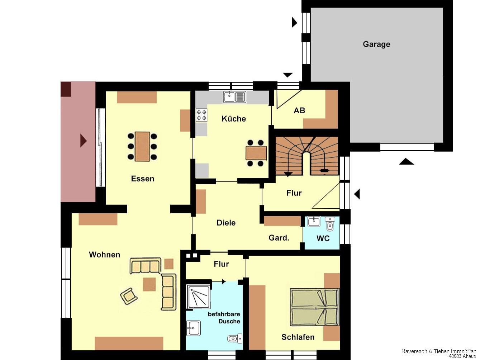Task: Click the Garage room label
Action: click(x=376, y=44)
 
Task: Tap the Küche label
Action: click(x=234, y=119)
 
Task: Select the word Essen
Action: click(x=143, y=179)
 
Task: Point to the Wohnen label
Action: click(x=105, y=255)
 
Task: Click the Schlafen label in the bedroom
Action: click(x=298, y=337)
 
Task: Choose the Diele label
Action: click(x=226, y=223)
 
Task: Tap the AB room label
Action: click(x=299, y=110)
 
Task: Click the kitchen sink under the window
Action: click(x=235, y=97)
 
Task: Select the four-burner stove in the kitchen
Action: click(x=201, y=115)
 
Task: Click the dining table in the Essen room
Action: click(x=142, y=146)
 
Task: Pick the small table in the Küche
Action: click(x=256, y=153)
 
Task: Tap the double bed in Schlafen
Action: click(x=314, y=307)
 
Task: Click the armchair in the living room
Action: click(x=129, y=296)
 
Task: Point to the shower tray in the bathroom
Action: click(x=198, y=297)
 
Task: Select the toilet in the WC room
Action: click(x=330, y=224)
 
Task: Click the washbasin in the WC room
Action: click(x=314, y=222)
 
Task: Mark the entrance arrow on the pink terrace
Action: click(x=83, y=141)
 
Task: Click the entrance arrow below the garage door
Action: click(x=407, y=161)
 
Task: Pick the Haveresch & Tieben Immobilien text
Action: click(x=439, y=351)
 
